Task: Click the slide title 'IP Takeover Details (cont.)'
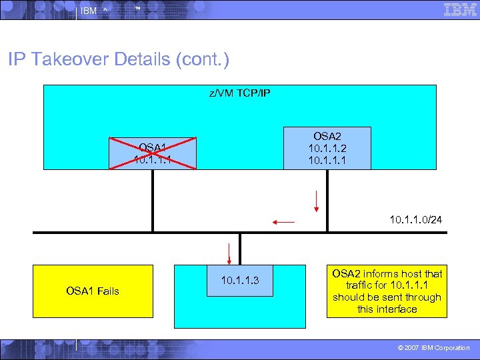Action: click(x=119, y=60)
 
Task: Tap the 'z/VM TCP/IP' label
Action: click(x=240, y=94)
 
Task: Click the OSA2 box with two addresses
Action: click(x=327, y=147)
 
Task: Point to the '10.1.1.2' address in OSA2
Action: click(x=327, y=147)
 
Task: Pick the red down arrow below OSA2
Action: click(x=317, y=201)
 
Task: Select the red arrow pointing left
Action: click(x=283, y=221)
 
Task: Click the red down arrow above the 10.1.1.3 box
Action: click(x=229, y=253)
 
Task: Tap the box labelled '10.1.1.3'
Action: click(x=239, y=281)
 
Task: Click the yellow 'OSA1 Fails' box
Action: click(x=93, y=291)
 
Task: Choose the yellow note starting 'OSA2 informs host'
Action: click(x=387, y=291)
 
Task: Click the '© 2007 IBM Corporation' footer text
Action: click(x=433, y=348)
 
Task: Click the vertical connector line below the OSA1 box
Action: click(x=153, y=199)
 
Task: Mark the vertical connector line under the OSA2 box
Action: click(x=327, y=200)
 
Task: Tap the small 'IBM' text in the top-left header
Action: click(x=89, y=11)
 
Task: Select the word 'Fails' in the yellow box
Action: click(x=107, y=291)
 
